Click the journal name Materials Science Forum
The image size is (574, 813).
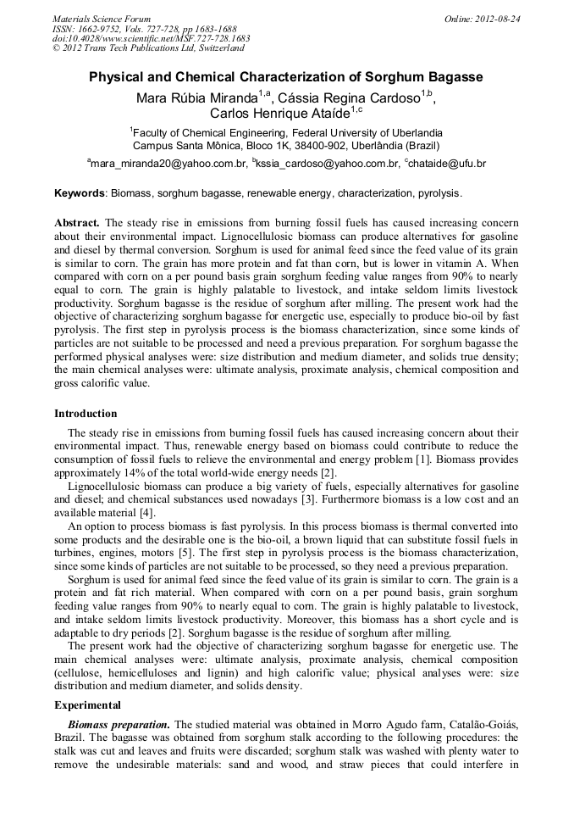click(x=102, y=19)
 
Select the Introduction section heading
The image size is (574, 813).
click(x=86, y=414)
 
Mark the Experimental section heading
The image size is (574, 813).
click(x=87, y=705)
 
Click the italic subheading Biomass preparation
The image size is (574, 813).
click(x=119, y=724)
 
